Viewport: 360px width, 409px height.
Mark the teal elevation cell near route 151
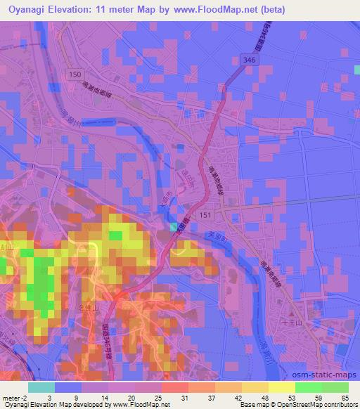174,226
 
